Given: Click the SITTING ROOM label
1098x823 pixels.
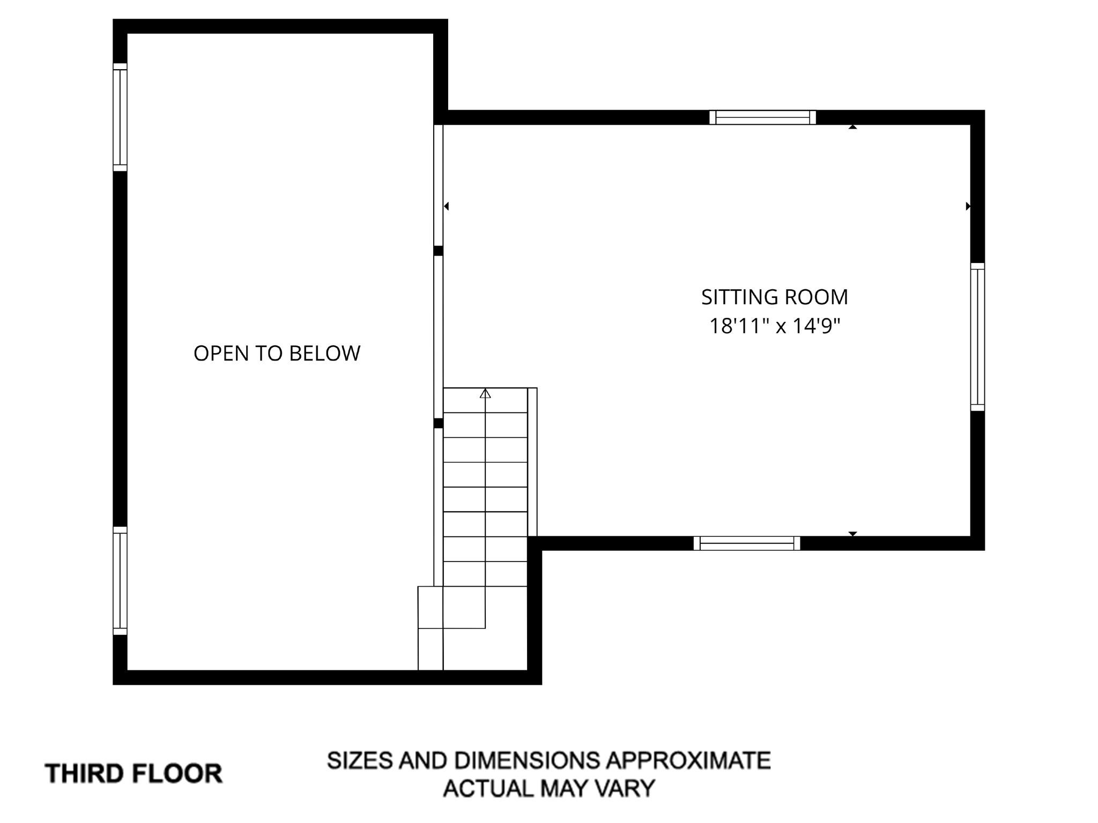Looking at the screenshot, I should pyautogui.click(x=774, y=297).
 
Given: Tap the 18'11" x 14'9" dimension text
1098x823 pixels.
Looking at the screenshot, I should pyautogui.click(x=774, y=326).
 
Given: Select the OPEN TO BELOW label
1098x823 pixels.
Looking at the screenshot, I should pyautogui.click(x=277, y=354).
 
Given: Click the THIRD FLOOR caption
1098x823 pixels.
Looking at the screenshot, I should pyautogui.click(x=133, y=774).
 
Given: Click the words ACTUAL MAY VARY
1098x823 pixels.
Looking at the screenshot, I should pyautogui.click(x=548, y=788).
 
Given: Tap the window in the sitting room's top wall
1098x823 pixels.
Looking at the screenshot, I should pyautogui.click(x=762, y=117).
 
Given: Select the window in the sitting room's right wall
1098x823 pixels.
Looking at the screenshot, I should pyautogui.click(x=977, y=337).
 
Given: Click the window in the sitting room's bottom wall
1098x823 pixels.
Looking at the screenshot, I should pyautogui.click(x=747, y=543).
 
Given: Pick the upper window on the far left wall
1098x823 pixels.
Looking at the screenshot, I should pyautogui.click(x=120, y=117).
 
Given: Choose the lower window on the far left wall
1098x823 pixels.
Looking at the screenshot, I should pyautogui.click(x=120, y=581).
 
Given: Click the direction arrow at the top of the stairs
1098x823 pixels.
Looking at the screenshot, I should pyautogui.click(x=485, y=394).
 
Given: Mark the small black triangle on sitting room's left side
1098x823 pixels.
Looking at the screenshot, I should pyautogui.click(x=446, y=206).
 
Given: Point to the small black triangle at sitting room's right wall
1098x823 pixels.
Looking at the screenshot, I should pyautogui.click(x=968, y=206).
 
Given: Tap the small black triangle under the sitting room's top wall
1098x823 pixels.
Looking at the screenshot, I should pyautogui.click(x=852, y=127).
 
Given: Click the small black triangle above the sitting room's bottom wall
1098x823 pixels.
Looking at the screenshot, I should pyautogui.click(x=852, y=534).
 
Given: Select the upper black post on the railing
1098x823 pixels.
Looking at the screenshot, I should pyautogui.click(x=439, y=251).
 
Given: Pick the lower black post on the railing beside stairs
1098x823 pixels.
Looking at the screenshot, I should pyautogui.click(x=439, y=423).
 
